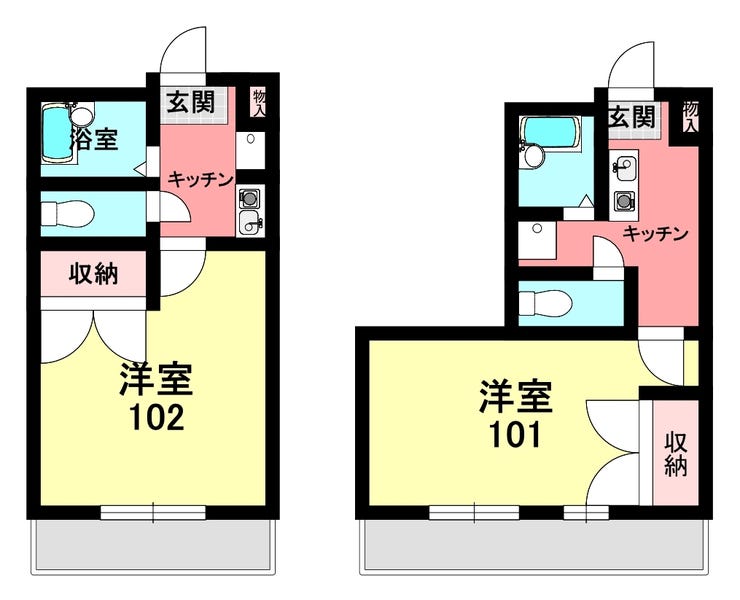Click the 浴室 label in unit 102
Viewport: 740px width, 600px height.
[x=94, y=138]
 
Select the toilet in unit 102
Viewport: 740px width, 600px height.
[x=66, y=213]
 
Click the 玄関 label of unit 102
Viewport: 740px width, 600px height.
[x=191, y=102]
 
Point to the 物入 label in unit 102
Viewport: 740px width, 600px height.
[x=260, y=103]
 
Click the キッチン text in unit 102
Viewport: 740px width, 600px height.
[x=201, y=179]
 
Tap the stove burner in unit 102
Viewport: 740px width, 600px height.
[x=249, y=198]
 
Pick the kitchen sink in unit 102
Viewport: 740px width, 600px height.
[x=249, y=222]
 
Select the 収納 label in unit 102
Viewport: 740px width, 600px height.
[x=93, y=274]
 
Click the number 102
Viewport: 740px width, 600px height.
[x=157, y=417]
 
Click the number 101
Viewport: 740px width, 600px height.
[x=514, y=435]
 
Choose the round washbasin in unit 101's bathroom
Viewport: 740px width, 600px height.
[x=533, y=156]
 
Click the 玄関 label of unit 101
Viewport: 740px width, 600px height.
[x=632, y=117]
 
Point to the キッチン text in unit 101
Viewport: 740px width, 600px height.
[x=656, y=234]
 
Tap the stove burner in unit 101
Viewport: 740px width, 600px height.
[x=623, y=202]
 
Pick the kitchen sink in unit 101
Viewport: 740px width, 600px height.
[x=624, y=168]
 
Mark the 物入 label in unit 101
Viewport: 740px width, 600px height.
[x=690, y=117]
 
